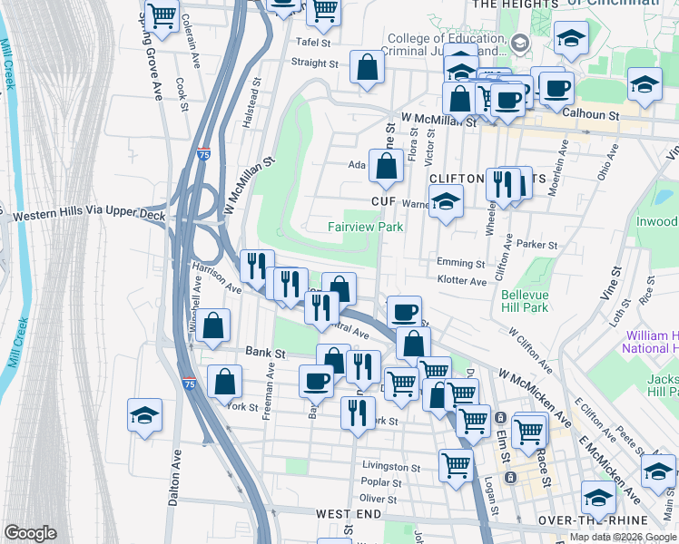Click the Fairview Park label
(365, 227)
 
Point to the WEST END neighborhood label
(349, 514)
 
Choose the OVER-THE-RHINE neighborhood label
(593, 520)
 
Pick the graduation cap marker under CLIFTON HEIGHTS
(446, 204)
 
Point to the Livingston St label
(391, 468)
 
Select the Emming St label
(461, 264)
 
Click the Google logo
(30, 533)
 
